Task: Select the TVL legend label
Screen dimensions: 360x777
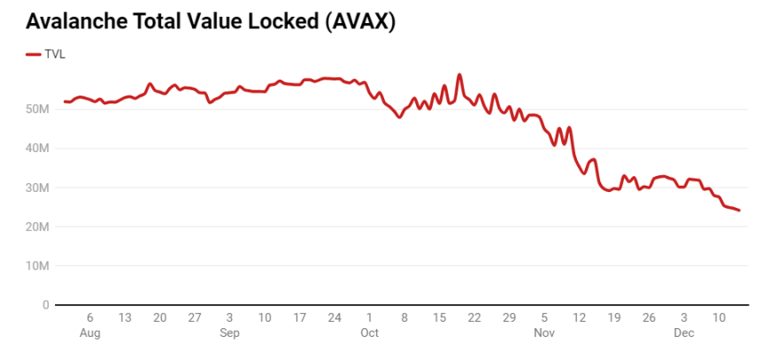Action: point(55,54)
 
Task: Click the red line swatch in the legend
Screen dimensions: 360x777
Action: point(34,54)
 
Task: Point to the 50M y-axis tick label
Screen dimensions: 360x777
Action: point(36,110)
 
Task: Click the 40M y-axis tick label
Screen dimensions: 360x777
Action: point(36,149)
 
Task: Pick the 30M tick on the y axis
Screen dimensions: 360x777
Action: point(36,188)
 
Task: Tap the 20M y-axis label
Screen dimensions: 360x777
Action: point(36,226)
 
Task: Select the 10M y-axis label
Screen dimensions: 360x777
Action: point(36,265)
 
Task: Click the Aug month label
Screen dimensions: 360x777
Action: point(89,333)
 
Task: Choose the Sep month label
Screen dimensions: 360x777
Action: point(229,333)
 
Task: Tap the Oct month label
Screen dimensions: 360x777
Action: point(369,333)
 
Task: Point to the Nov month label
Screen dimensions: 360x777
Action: point(544,333)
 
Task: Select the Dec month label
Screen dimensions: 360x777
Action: point(684,333)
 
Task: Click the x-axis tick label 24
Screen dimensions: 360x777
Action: point(335,318)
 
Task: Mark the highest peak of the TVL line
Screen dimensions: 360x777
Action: point(459,75)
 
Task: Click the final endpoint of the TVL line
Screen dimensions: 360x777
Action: point(739,210)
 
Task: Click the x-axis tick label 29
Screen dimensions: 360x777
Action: point(509,318)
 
